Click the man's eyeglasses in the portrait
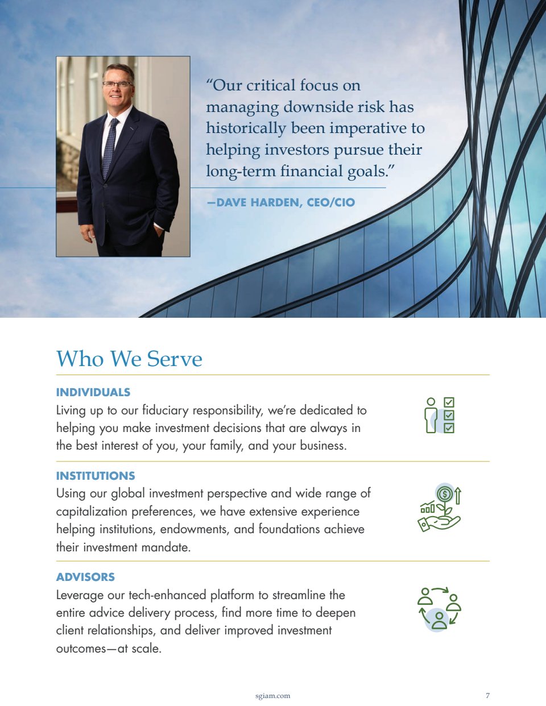[118, 84]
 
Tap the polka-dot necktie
[109, 148]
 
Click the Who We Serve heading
[129, 359]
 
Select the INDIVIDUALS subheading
[93, 392]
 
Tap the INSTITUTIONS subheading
[96, 476]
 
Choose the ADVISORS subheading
[85, 577]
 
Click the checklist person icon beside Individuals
[440, 416]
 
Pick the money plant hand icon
[439, 508]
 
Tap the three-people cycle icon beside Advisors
[439, 608]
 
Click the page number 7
[487, 695]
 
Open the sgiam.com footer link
[273, 695]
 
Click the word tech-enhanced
[167, 595]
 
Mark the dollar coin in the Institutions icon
[445, 493]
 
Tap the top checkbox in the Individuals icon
[449, 403]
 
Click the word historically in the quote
[246, 128]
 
